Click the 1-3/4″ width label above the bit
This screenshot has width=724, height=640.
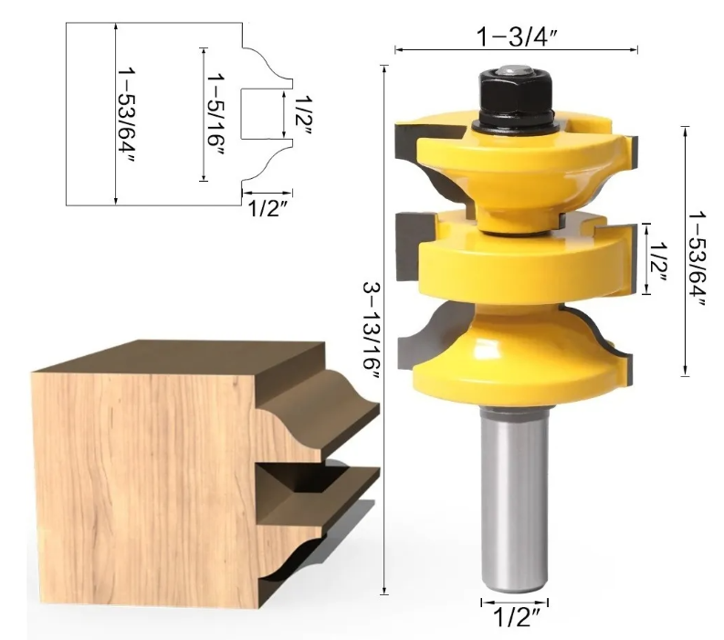point(517,37)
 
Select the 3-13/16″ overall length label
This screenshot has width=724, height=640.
point(371,331)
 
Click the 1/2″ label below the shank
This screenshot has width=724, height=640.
point(516,617)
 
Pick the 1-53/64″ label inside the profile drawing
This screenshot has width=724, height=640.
point(126,115)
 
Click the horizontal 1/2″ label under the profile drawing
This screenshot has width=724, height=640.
point(268,208)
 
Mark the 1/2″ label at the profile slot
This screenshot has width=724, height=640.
point(303,114)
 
